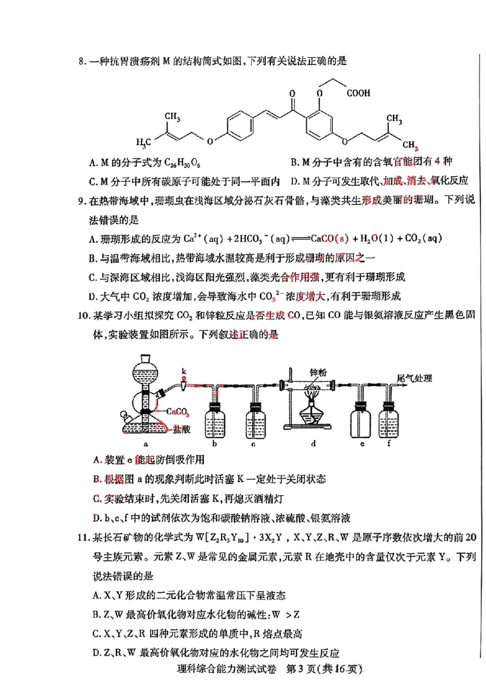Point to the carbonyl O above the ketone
click(x=292, y=95)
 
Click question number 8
click(x=81, y=61)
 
